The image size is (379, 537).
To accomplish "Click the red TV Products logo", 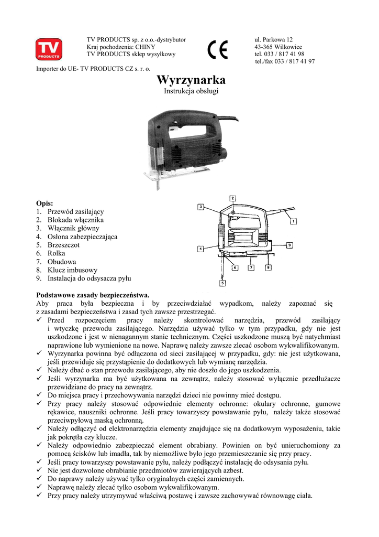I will pyautogui.click(x=49, y=49).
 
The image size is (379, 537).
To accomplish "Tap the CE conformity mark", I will pyautogui.click(x=217, y=51).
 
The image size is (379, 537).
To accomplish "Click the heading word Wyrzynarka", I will pyautogui.click(x=191, y=80).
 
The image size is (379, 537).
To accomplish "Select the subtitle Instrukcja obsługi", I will pyautogui.click(x=191, y=91).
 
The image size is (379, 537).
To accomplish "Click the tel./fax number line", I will pyautogui.click(x=285, y=61).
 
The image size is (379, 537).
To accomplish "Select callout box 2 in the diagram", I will pyautogui.click(x=232, y=198).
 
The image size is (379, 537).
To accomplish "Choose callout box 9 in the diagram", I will pyautogui.click(x=289, y=245).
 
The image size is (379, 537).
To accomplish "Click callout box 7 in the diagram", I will pyautogui.click(x=251, y=267).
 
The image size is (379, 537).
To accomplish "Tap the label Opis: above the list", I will pyautogui.click(x=44, y=203).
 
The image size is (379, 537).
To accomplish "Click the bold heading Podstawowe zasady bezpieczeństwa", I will pyautogui.click(x=93, y=295).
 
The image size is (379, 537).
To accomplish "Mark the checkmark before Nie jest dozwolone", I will pyautogui.click(x=40, y=471).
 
